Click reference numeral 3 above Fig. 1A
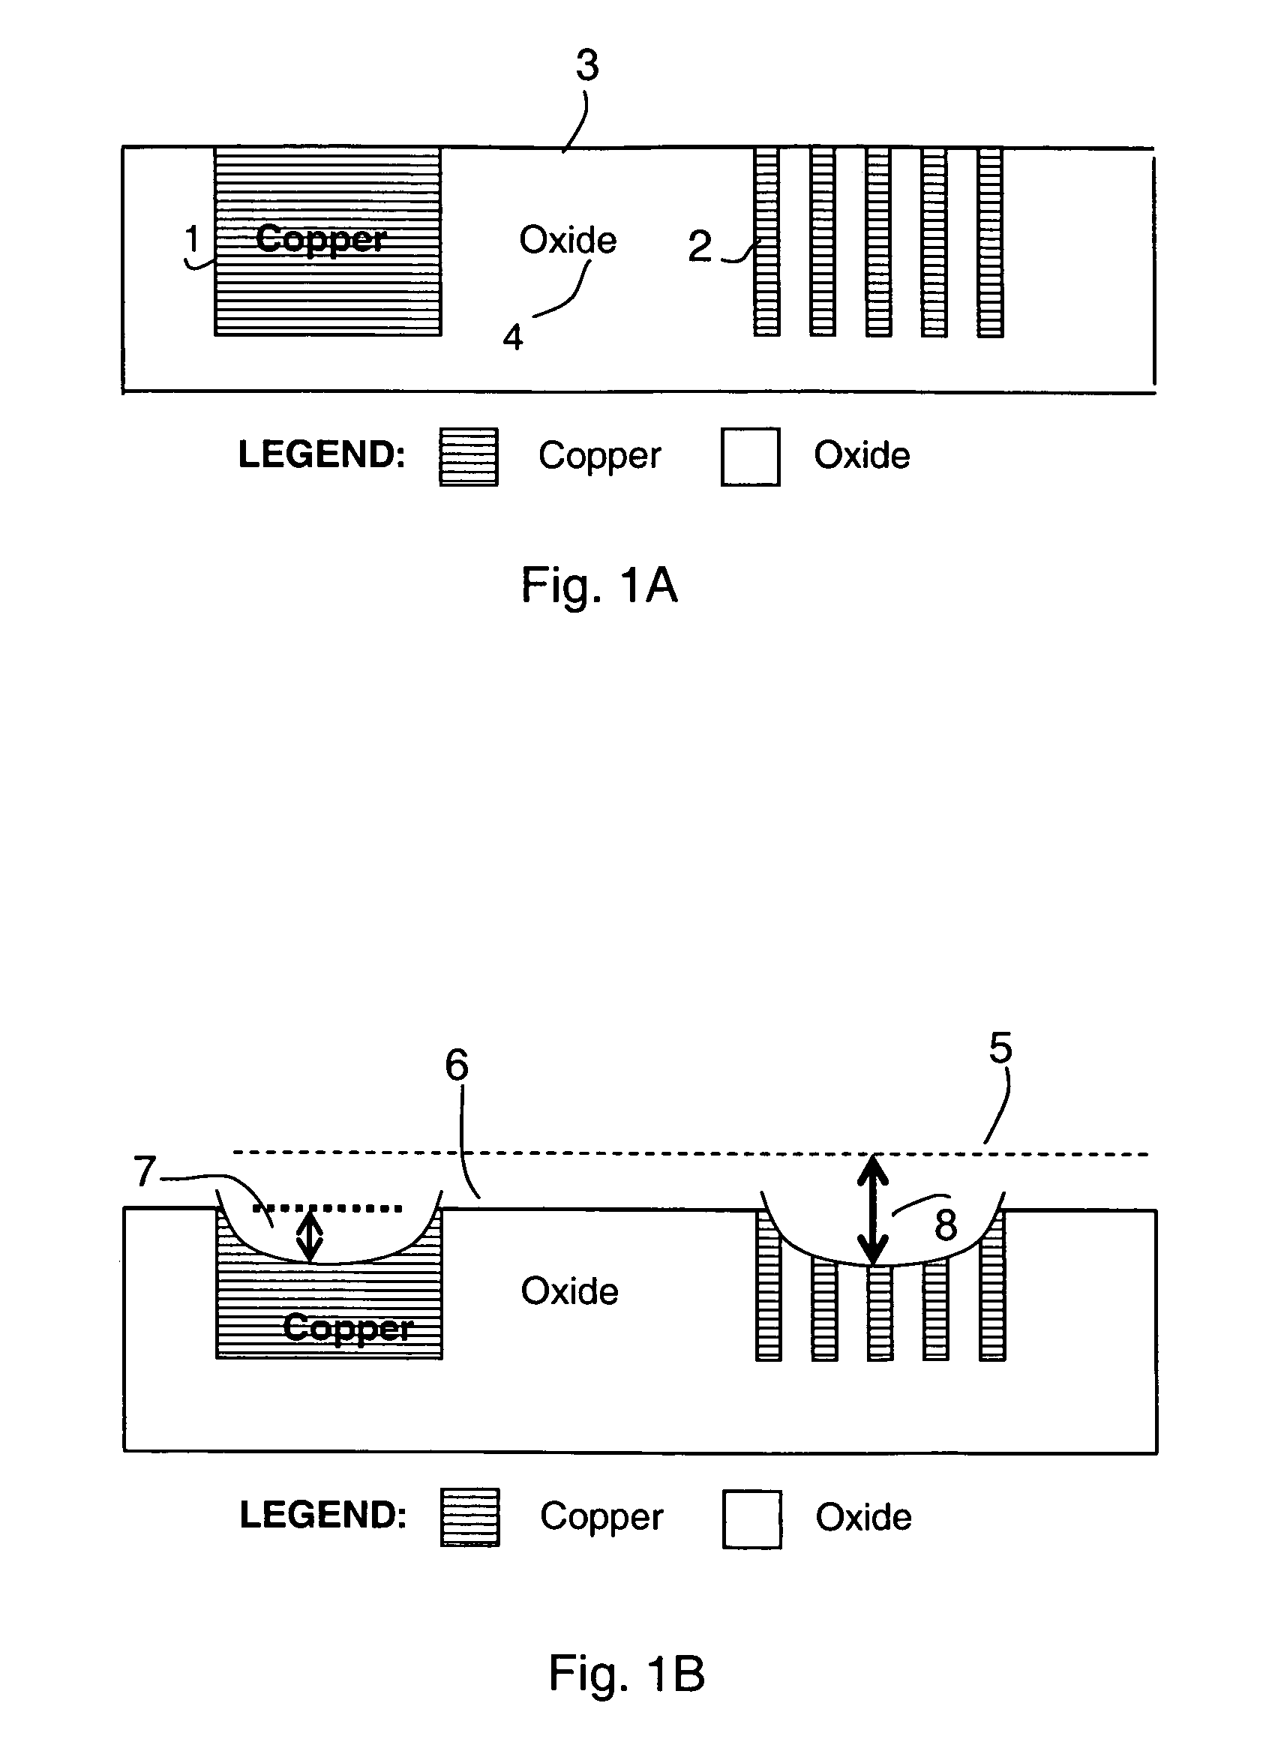[587, 65]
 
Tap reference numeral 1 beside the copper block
[193, 238]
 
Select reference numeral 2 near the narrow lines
[700, 246]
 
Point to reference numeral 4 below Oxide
[513, 337]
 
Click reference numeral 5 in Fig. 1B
[1000, 1048]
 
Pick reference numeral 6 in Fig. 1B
[457, 1066]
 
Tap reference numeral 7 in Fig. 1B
[145, 1171]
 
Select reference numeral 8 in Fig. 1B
[946, 1225]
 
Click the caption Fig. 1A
[599, 586]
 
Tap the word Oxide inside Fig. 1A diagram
[568, 240]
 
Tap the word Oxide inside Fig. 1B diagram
[570, 1291]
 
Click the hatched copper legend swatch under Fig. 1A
[469, 457]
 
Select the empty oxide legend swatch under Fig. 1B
[752, 1519]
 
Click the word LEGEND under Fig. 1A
[322, 454]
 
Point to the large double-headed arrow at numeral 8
[874, 1210]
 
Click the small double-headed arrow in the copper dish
[310, 1236]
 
